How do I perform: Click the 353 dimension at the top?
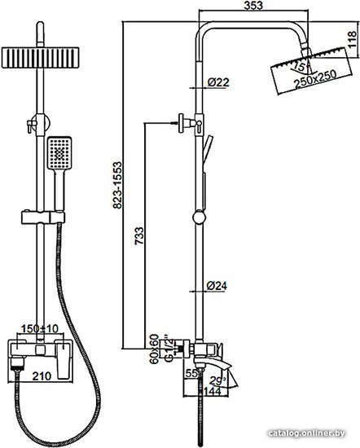(x=253, y=6)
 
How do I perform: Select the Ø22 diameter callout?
(x=218, y=82)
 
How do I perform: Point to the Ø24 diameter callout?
(x=217, y=286)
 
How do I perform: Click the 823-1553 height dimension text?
(x=117, y=185)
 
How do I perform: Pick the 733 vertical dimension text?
(x=139, y=235)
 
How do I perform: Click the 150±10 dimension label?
(x=40, y=328)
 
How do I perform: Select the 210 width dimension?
(x=42, y=376)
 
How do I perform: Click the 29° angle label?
(x=217, y=381)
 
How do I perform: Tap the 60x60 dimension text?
(x=154, y=349)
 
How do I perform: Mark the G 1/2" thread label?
(x=169, y=346)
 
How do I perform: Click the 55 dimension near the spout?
(x=191, y=373)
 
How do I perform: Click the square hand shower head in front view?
(x=59, y=153)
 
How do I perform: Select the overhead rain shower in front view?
(x=40, y=58)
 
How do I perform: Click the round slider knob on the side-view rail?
(x=200, y=217)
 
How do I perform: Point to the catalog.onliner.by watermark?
(x=306, y=433)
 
